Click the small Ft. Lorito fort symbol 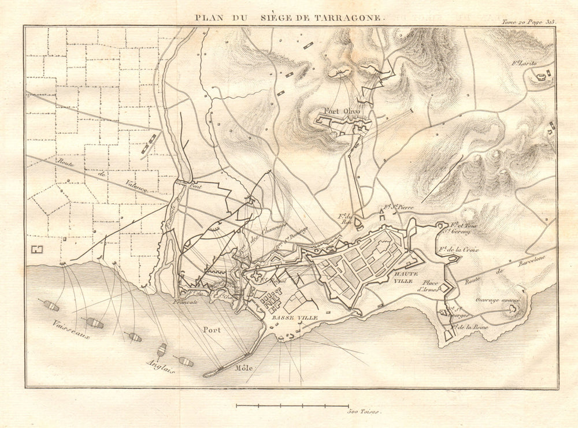(541, 76)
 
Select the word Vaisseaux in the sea (70, 330)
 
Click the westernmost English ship (50, 305)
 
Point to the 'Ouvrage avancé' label (498, 300)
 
